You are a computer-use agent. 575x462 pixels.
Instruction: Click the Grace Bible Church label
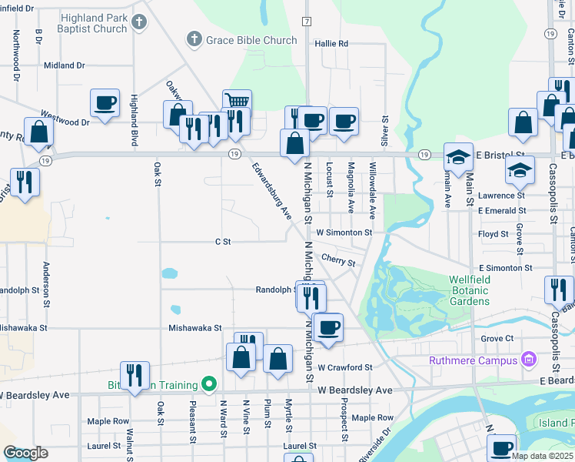(252, 39)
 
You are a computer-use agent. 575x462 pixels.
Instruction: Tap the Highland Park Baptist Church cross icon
(138, 23)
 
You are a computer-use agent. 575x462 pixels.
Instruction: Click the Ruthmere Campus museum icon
(528, 360)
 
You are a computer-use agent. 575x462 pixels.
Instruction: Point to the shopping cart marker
(237, 102)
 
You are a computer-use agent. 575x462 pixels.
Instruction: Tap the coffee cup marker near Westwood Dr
(105, 102)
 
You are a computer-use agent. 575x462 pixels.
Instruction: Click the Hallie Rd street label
(331, 44)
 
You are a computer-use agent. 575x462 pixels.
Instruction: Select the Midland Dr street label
(64, 66)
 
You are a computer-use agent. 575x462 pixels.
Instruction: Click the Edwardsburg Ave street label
(273, 189)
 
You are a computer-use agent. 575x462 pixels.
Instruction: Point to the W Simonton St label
(344, 232)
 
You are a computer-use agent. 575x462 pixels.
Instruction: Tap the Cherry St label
(338, 262)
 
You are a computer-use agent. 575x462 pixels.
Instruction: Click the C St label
(223, 242)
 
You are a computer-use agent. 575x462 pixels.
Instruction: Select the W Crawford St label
(344, 368)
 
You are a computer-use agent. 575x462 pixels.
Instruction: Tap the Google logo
(26, 453)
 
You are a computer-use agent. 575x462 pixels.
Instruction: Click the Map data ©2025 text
(542, 456)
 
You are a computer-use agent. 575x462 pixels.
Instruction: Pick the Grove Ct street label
(497, 338)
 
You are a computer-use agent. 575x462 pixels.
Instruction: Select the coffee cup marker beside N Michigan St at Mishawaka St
(328, 328)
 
